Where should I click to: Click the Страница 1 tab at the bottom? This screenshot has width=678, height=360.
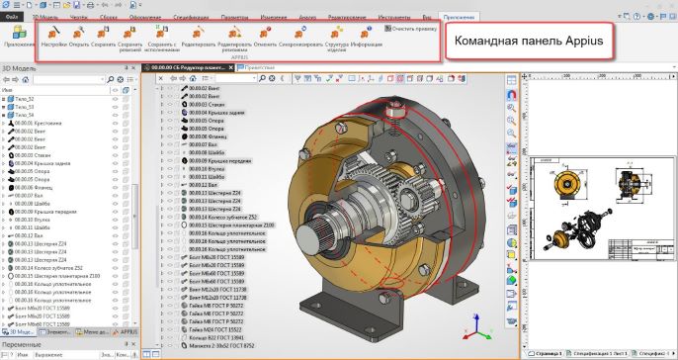pos(548,352)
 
